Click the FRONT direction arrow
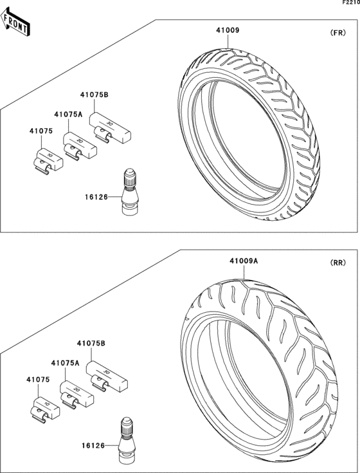pyautogui.click(x=15, y=22)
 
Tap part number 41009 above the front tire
pyautogui.click(x=228, y=30)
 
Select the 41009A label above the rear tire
pyautogui.click(x=244, y=261)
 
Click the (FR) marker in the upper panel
pyautogui.click(x=337, y=33)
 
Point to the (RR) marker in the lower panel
pyautogui.click(x=337, y=263)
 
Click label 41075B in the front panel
pyautogui.click(x=94, y=95)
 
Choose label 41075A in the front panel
pyautogui.click(x=68, y=115)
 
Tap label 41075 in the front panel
pyautogui.click(x=41, y=131)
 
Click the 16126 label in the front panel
pyautogui.click(x=96, y=197)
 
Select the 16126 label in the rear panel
pyautogui.click(x=93, y=445)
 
